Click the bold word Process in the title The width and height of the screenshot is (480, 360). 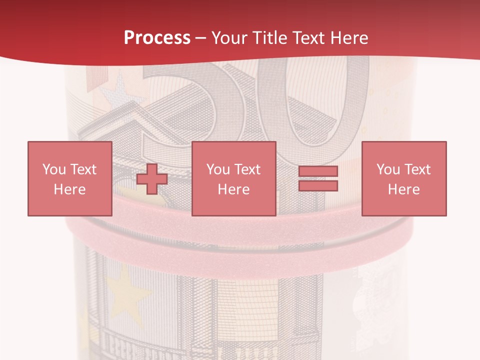(157, 38)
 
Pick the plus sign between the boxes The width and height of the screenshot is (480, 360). (152, 179)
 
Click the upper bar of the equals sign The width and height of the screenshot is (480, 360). (318, 171)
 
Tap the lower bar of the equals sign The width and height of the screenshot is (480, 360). (318, 185)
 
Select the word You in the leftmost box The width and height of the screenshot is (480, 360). (54, 169)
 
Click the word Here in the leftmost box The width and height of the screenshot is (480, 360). (69, 189)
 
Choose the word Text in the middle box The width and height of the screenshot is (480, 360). (247, 169)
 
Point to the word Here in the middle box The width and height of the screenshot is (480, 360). (233, 189)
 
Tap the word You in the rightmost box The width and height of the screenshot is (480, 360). (388, 169)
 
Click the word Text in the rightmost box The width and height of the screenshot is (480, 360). (417, 169)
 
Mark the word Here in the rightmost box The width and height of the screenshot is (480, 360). (403, 189)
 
